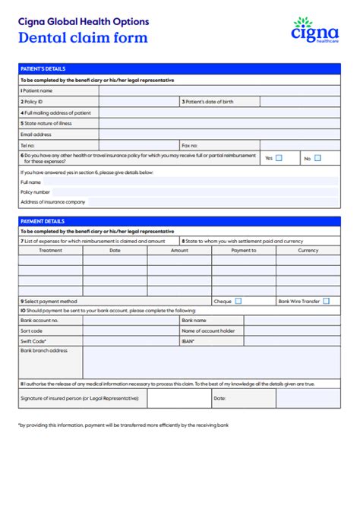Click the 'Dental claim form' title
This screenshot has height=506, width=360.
[x=83, y=38]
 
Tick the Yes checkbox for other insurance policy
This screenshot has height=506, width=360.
[x=279, y=158]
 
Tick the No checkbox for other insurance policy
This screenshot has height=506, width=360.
[x=317, y=158]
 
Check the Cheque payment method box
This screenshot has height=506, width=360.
[x=238, y=301]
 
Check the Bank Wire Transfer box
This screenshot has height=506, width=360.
[x=326, y=301]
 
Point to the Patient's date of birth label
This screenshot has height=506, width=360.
[x=210, y=101]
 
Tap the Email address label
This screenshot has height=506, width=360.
[x=37, y=134]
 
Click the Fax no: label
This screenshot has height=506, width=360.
[x=190, y=144]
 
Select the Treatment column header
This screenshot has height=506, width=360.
[x=50, y=250]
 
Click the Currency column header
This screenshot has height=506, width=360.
[x=308, y=250]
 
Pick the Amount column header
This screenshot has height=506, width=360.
[x=179, y=250]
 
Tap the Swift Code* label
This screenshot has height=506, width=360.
[x=34, y=341]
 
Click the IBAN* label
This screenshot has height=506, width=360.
[x=188, y=341]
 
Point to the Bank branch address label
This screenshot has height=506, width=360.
[x=44, y=350]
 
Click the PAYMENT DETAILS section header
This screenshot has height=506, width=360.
[x=43, y=221]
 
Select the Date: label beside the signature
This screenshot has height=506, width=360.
[x=219, y=397]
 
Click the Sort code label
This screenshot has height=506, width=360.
[x=32, y=330]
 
